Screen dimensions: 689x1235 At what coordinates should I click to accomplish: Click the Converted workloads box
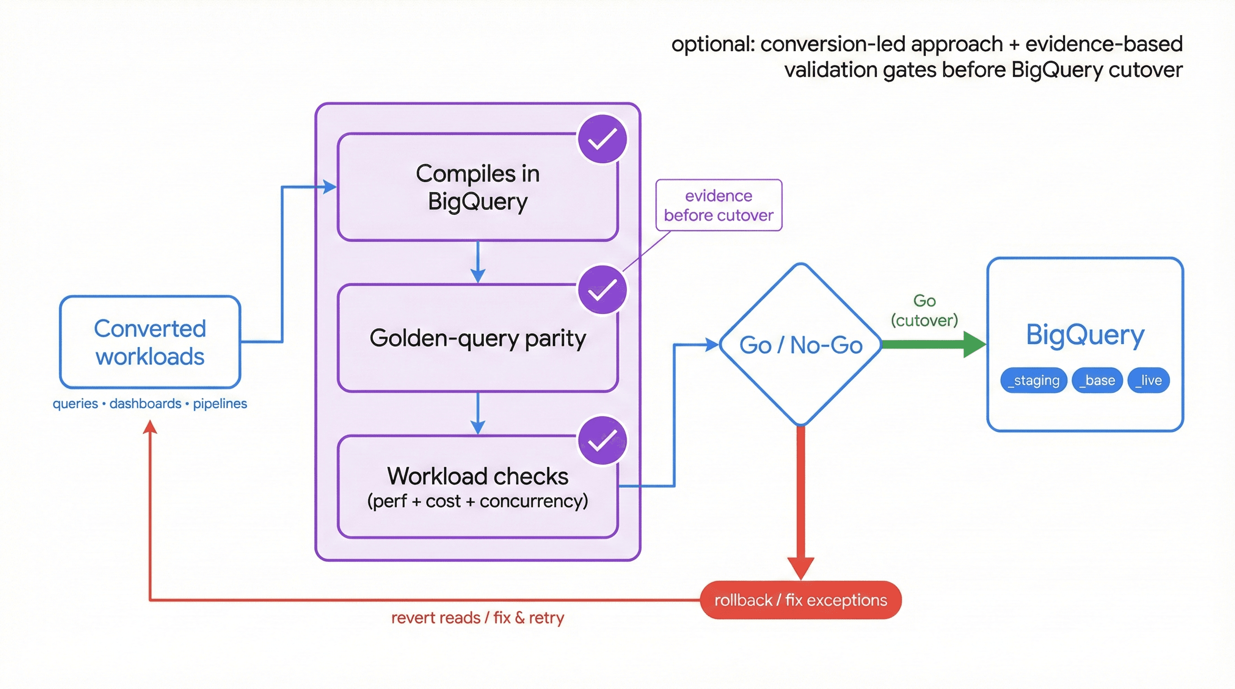pyautogui.click(x=149, y=342)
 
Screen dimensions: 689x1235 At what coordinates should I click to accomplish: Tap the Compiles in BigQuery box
pyautogui.click(x=477, y=188)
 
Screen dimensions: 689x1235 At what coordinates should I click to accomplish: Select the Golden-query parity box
pyautogui.click(x=477, y=338)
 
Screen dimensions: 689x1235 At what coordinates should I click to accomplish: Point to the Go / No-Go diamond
pyautogui.click(x=800, y=344)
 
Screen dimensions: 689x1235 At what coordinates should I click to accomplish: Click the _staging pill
pyautogui.click(x=1033, y=380)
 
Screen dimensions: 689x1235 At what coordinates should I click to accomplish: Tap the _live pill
pyautogui.click(x=1148, y=380)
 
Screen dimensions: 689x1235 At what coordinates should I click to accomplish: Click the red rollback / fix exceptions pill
pyautogui.click(x=800, y=600)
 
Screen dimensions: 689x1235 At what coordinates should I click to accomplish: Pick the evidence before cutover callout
pyautogui.click(x=718, y=205)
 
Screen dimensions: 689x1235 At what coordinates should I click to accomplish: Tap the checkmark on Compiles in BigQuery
pyautogui.click(x=602, y=139)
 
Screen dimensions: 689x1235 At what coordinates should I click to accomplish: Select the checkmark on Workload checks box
pyautogui.click(x=602, y=440)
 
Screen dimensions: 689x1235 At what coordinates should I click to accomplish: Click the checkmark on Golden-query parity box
pyautogui.click(x=602, y=290)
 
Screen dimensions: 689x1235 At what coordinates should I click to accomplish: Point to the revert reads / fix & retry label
pyautogui.click(x=477, y=618)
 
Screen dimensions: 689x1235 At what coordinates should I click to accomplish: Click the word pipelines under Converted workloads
pyautogui.click(x=219, y=404)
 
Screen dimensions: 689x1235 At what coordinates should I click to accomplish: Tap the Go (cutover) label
pyautogui.click(x=924, y=310)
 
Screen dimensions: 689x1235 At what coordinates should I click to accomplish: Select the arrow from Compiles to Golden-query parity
pyautogui.click(x=477, y=262)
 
